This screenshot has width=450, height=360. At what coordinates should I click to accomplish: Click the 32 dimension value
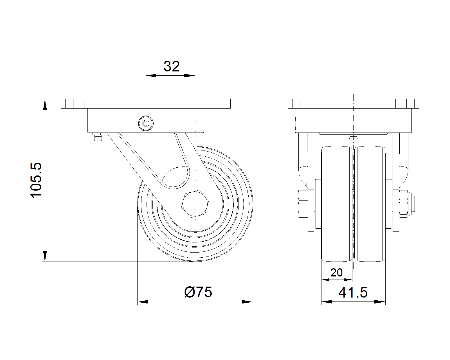click(172, 67)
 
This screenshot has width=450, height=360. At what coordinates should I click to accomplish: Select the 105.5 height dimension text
click(36, 180)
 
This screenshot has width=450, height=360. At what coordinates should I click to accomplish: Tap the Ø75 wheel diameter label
click(198, 292)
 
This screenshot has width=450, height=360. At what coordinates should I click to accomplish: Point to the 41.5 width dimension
click(353, 292)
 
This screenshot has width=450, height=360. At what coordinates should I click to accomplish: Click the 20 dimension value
click(336, 273)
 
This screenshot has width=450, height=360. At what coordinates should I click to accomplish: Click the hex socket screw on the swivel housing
click(146, 123)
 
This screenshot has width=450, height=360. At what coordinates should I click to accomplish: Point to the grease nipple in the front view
click(98, 137)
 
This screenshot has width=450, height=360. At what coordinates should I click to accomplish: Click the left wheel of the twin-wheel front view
click(337, 204)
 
